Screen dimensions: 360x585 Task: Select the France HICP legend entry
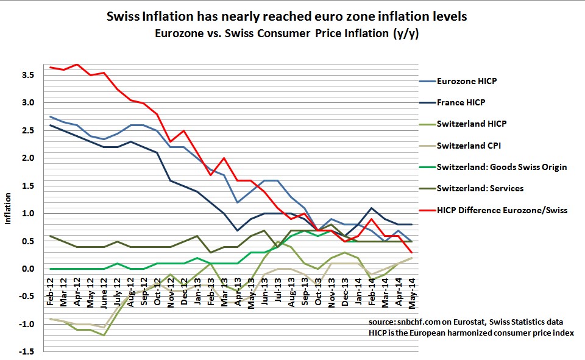461,102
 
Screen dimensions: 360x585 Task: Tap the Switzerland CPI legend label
469,146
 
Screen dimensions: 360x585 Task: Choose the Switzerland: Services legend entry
480,189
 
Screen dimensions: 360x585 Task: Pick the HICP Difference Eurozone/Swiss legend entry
502,210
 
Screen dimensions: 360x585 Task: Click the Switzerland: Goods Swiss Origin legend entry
502,167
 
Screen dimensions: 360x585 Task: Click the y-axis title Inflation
8,209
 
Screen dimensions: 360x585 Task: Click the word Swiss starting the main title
122,16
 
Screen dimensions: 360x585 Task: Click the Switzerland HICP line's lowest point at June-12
105,336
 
